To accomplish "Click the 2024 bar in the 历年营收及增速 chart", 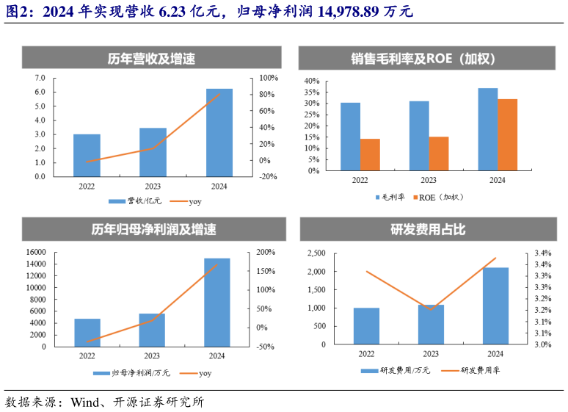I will click(219, 133).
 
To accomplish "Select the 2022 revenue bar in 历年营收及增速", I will click(87, 155).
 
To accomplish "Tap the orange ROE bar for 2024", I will click(507, 135).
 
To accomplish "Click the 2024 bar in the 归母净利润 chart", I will click(216, 302).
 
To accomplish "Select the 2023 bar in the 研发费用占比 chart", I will click(431, 325).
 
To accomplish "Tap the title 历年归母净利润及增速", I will click(150, 229).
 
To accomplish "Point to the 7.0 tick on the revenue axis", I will click(39, 78).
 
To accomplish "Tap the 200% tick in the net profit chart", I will click(266, 252).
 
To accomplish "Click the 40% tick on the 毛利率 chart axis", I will click(311, 81).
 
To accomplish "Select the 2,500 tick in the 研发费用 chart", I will click(316, 253).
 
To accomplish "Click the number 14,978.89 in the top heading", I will click(352, 11).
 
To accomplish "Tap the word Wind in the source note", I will click(84, 402).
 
